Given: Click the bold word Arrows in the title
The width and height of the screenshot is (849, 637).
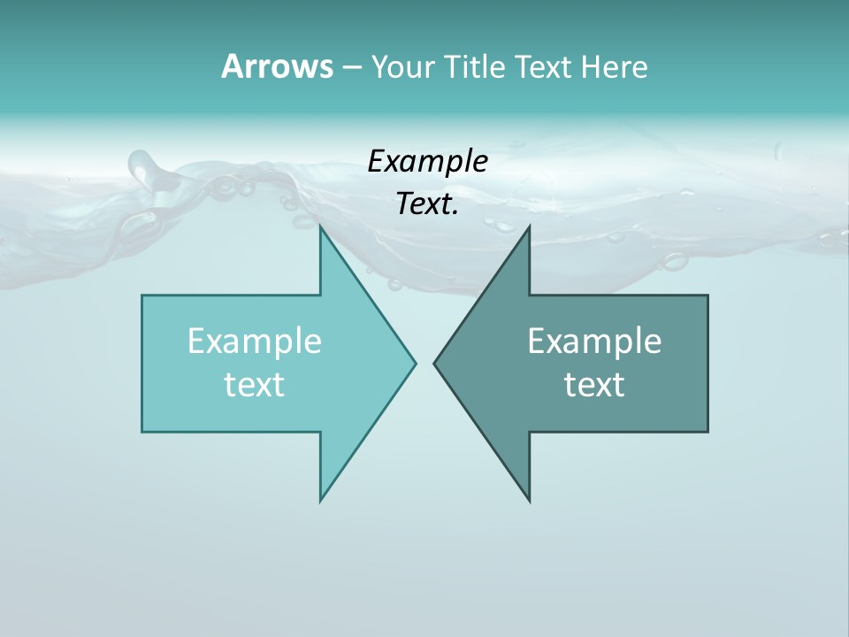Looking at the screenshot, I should (276, 66).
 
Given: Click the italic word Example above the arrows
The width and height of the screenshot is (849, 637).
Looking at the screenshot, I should (427, 161).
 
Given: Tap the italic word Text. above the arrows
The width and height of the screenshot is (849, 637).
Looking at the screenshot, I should (425, 204).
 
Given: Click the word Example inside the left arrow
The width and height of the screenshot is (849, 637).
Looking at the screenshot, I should (255, 342).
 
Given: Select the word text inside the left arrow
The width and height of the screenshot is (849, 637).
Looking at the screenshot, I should (255, 385).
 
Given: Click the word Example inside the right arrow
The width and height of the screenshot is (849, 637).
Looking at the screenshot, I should (594, 342).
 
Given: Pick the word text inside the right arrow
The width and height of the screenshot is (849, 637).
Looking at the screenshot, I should (594, 385).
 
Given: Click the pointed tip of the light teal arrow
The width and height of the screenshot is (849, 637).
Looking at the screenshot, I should (416, 362).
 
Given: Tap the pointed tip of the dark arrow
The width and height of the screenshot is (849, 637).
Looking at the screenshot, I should (434, 362).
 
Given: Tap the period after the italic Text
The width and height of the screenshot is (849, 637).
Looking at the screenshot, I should (455, 213).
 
